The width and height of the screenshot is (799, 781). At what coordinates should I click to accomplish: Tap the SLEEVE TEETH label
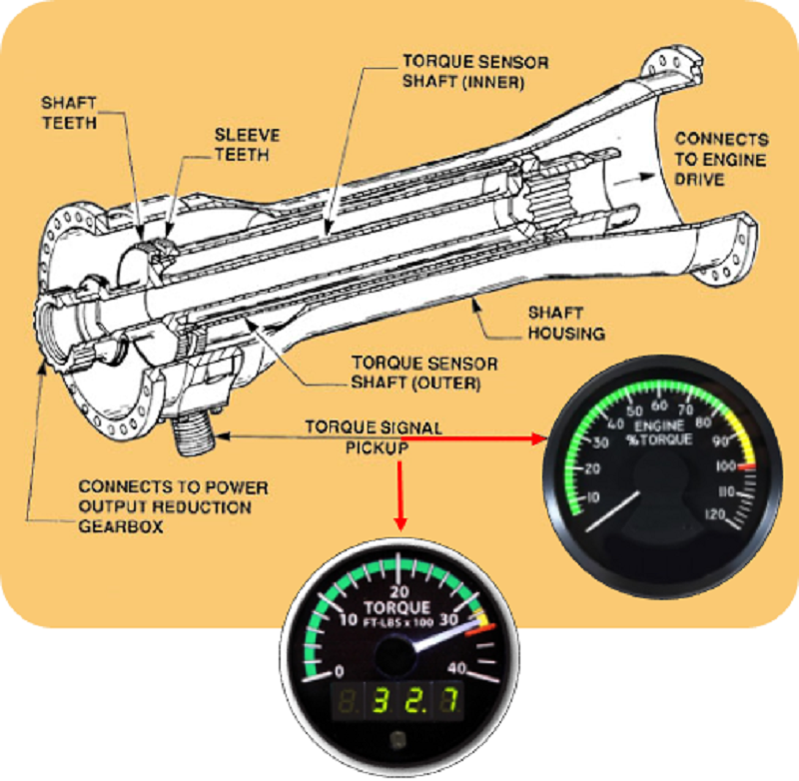click(x=247, y=144)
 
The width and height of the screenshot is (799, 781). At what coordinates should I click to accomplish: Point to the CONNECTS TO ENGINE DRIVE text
click(x=720, y=159)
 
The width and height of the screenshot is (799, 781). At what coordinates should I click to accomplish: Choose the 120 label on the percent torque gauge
click(x=712, y=514)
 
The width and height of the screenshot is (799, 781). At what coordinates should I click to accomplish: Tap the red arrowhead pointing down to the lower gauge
click(x=400, y=522)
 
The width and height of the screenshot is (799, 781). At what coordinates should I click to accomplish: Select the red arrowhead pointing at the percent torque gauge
click(x=540, y=436)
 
